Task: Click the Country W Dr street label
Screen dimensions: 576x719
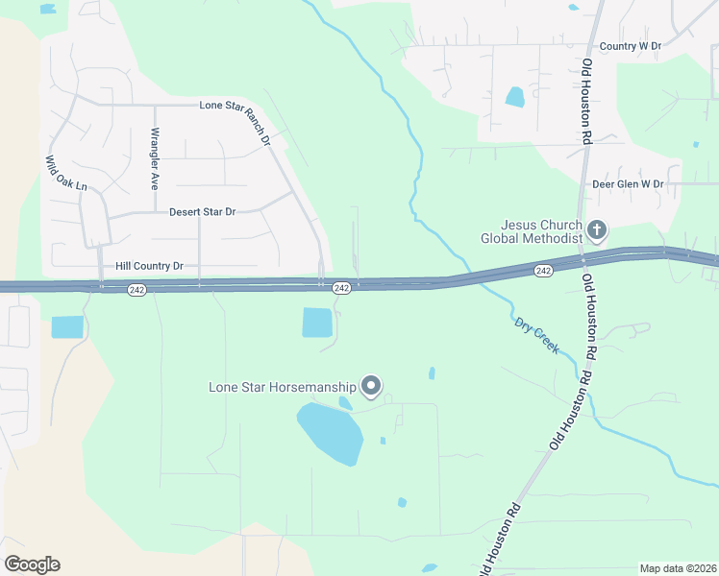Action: click(631, 46)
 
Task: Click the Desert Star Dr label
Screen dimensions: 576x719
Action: click(202, 211)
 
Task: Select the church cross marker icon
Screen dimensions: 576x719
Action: click(597, 230)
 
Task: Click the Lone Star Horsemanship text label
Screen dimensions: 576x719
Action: click(283, 388)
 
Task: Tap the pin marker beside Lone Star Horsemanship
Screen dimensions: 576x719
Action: click(371, 387)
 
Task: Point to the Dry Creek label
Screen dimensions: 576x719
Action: click(536, 337)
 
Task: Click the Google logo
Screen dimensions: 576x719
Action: click(32, 564)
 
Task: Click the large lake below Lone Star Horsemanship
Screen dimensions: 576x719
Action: click(331, 432)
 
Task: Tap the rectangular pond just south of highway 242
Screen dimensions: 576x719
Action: click(317, 323)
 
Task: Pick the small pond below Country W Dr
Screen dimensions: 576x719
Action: click(515, 97)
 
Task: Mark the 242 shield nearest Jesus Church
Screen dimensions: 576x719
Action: click(543, 272)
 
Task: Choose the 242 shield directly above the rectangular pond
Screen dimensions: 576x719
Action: click(341, 288)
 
